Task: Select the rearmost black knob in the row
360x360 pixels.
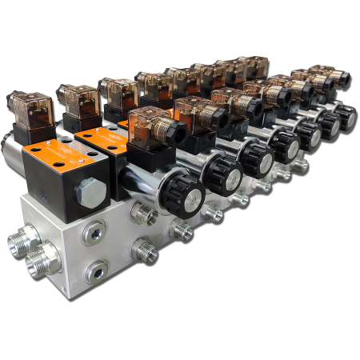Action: pyautogui.click(x=346, y=116)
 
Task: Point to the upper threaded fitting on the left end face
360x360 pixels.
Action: pyautogui.click(x=24, y=240)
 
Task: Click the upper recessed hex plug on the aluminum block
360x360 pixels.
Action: pyautogui.click(x=94, y=234)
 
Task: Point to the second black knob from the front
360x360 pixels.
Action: pyautogui.click(x=222, y=171)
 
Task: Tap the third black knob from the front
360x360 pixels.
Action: pyautogui.click(x=255, y=158)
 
